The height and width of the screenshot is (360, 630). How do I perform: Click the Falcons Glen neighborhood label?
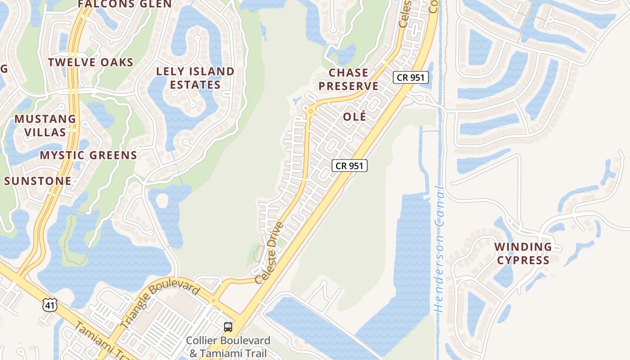click(125, 4)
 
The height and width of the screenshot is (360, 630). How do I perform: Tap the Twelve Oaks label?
click(91, 62)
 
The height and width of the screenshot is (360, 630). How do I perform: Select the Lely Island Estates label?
click(195, 78)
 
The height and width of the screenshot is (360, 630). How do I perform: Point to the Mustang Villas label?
click(45, 126)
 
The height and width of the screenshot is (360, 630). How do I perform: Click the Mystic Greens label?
click(89, 155)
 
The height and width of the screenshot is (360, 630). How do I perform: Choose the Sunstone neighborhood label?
click(38, 181)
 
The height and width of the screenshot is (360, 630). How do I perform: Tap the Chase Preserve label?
click(349, 79)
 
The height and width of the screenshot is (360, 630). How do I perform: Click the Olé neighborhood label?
click(355, 117)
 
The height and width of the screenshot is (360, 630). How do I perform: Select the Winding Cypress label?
click(523, 253)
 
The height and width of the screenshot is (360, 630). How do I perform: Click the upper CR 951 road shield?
click(411, 77)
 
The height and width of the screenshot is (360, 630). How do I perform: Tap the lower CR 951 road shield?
click(350, 166)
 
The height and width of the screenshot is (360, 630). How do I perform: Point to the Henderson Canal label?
click(438, 250)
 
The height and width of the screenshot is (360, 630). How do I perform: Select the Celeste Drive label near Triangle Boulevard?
click(270, 253)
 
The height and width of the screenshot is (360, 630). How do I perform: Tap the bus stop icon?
click(228, 327)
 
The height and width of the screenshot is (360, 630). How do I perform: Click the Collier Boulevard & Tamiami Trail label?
click(228, 346)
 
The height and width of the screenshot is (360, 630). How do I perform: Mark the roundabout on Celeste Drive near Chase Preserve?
click(310, 111)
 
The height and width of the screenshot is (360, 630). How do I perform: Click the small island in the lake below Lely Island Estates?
click(162, 200)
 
